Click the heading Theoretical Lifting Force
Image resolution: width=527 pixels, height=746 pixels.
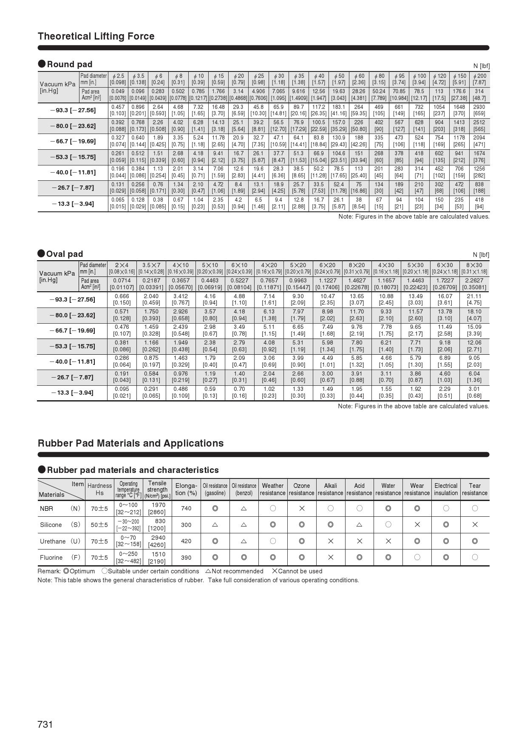point(96,36)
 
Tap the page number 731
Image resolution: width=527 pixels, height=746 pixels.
point(45,724)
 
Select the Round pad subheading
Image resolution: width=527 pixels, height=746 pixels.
point(69,64)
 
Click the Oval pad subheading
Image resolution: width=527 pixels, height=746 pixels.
point(64,254)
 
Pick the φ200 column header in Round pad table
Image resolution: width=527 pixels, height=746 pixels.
point(479,79)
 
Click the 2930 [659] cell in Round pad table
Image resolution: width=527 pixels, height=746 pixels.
point(479,110)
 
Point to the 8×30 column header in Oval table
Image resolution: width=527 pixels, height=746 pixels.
point(474,268)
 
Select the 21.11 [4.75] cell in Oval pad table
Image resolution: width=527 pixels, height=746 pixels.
point(474,299)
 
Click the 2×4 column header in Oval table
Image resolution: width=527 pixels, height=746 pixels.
point(122,268)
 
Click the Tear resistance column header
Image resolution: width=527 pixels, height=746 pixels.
point(475,489)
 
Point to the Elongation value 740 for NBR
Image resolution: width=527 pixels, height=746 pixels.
point(186,508)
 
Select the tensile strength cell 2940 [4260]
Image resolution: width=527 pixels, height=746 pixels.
point(157,541)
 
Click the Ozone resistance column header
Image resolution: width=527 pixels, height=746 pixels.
point(301,489)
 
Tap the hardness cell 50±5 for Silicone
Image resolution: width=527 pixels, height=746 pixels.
point(99,525)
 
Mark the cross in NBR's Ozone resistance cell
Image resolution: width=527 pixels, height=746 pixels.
point(302,508)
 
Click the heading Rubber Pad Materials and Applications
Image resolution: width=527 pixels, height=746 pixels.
point(130,443)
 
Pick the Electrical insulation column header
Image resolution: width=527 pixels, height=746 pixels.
point(446,489)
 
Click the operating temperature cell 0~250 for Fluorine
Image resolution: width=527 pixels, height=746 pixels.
point(128,558)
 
